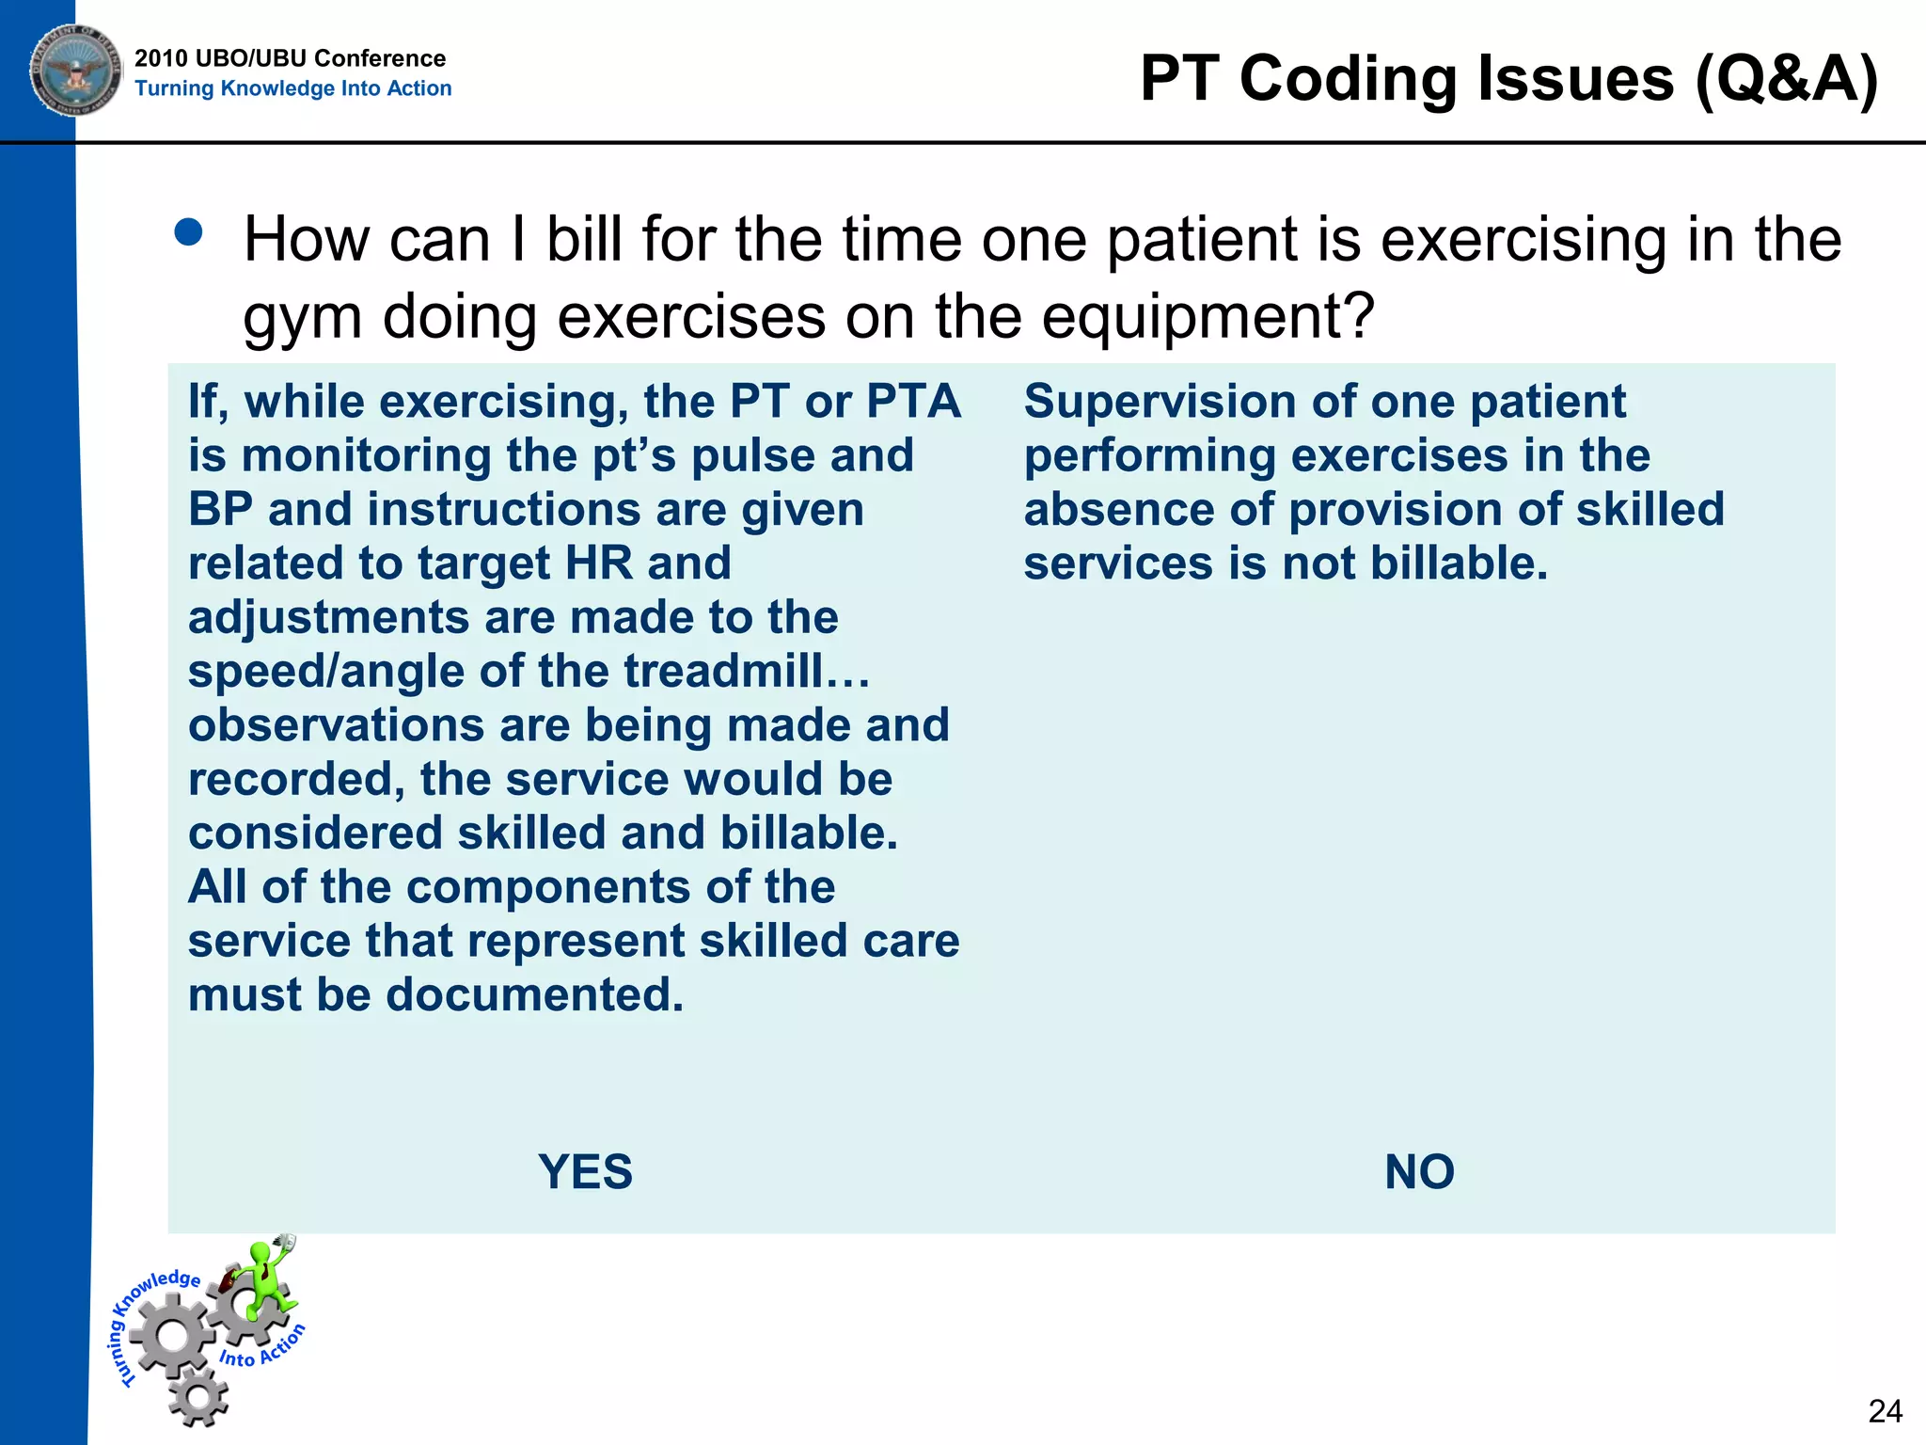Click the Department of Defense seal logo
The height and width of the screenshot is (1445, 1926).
75,71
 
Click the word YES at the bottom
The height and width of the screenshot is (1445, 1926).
585,1172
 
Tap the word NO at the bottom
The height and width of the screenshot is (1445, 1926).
1419,1172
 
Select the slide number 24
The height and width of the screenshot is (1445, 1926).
1885,1411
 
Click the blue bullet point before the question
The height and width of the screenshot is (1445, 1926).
189,232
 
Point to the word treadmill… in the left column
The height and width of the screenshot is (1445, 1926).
747,672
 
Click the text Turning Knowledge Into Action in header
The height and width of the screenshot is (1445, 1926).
292,88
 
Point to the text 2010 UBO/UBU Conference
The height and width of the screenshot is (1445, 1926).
290,58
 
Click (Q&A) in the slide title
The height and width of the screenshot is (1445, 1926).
1786,78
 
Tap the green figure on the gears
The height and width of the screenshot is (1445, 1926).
266,1279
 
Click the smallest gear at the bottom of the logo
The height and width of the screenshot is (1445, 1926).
198,1397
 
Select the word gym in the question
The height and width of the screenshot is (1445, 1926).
302,318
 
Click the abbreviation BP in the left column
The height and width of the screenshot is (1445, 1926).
220,510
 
